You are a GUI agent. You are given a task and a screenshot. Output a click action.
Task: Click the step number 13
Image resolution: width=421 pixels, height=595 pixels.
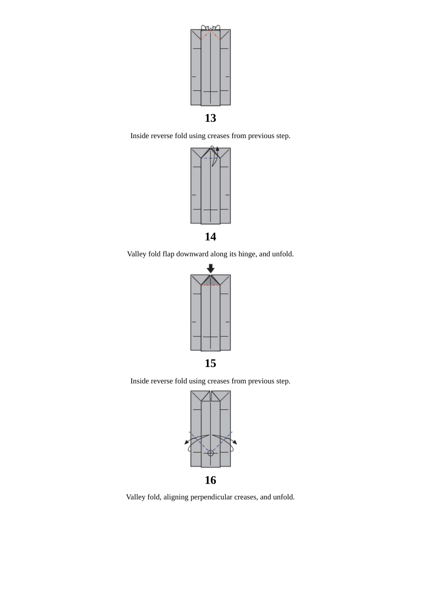click(210, 118)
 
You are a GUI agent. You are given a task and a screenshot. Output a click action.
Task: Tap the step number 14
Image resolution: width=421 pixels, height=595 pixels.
click(210, 237)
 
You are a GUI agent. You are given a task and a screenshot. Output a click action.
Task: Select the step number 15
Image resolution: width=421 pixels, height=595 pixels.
click(210, 363)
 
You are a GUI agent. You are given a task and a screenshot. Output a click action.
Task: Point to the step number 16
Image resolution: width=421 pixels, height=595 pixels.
click(210, 480)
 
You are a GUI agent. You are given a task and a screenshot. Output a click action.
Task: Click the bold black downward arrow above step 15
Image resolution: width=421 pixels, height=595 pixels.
click(210, 268)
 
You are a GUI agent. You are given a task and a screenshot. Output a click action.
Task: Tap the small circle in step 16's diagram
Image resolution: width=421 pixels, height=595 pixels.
click(210, 453)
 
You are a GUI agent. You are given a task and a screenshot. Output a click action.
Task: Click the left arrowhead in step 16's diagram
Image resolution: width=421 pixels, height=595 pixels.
click(187, 442)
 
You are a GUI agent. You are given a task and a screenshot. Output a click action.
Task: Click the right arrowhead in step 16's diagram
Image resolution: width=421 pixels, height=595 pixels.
click(235, 442)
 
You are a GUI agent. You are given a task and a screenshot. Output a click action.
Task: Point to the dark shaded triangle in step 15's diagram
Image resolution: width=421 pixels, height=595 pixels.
click(210, 281)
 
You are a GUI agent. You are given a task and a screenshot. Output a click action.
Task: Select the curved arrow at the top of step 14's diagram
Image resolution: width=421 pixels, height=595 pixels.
click(215, 156)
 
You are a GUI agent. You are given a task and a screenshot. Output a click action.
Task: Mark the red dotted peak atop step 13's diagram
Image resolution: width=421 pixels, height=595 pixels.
click(210, 32)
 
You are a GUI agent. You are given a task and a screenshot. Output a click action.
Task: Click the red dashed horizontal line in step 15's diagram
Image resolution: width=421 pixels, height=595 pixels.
click(210, 285)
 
